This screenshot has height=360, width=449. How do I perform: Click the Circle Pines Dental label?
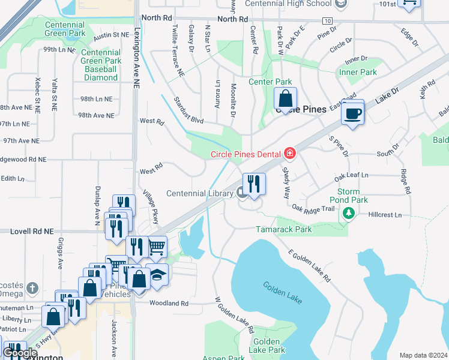(x=246, y=154)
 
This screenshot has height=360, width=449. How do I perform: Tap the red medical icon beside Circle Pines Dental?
(x=290, y=154)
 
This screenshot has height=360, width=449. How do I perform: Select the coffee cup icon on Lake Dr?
(x=352, y=113)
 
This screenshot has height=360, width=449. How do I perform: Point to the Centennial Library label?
(x=199, y=193)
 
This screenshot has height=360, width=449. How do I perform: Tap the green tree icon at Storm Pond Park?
(x=348, y=213)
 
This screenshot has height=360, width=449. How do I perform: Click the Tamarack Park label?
(x=284, y=229)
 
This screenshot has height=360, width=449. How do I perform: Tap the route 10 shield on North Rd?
(x=327, y=20)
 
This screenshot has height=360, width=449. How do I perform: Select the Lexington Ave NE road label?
(x=137, y=59)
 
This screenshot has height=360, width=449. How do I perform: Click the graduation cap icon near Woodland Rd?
(x=157, y=275)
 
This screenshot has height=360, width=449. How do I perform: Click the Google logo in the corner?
(x=20, y=353)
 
